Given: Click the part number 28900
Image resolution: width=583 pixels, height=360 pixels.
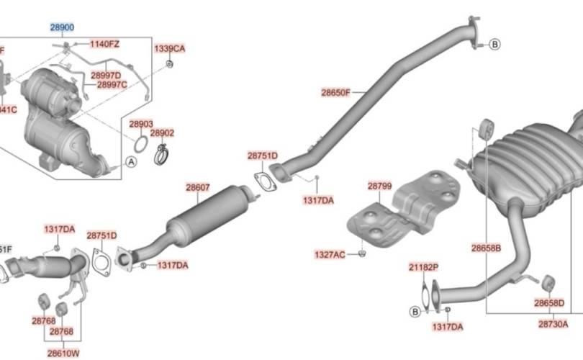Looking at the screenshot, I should (62, 27).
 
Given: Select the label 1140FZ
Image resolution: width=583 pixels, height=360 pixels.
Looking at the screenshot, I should (104, 45).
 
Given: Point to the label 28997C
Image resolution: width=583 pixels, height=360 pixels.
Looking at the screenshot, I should (112, 85).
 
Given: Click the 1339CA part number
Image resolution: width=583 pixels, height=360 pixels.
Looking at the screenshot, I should (170, 49).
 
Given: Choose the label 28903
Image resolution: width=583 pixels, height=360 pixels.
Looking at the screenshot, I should (141, 124).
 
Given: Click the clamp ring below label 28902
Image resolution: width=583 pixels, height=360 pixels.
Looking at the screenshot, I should (162, 153).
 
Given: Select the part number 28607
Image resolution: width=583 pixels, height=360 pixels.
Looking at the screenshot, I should (198, 188).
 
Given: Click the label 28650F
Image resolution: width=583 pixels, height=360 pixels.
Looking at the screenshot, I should (335, 93).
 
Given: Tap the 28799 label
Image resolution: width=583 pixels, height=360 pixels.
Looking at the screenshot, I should (379, 186).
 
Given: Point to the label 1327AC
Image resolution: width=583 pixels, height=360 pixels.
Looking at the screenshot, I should (330, 254).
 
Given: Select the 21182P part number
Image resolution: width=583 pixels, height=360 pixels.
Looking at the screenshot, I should (423, 267).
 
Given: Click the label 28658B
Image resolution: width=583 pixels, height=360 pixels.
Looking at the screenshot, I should (487, 248).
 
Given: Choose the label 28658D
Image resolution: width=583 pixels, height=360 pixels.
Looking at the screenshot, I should (549, 303).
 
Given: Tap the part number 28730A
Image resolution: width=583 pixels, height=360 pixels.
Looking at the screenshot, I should (553, 324).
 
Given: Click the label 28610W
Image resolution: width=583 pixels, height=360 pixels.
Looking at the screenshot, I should (63, 354).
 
